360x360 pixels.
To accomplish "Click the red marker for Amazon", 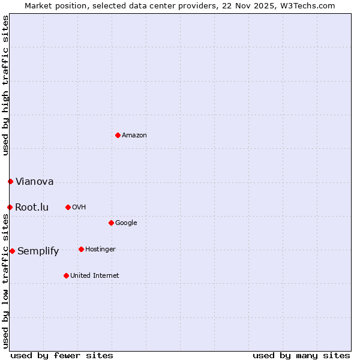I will pos(118,135).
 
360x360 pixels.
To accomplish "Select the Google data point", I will pos(111,223).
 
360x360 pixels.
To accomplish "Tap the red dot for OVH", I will pos(68,207).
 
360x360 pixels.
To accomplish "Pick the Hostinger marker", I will pos(81,249).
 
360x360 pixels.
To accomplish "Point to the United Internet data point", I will pos(66,275).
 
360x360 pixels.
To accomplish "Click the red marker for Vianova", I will pos(10,181).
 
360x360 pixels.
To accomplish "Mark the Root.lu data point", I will pos(10,207).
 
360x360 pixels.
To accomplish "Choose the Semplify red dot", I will pos(12,251).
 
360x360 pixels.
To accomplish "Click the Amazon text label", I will pos(134,136).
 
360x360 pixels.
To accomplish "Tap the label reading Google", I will pos(126,223).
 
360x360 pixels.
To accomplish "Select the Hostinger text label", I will pos(100,250).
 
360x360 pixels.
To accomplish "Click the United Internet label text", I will pos(95,276).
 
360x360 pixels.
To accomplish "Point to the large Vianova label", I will pos(35,182).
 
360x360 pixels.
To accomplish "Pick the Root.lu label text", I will pos(32,208).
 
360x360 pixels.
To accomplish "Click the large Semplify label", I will pos(38,251).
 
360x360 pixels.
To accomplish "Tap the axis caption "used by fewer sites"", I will pos(62,355).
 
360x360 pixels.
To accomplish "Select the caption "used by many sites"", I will pos(301,355).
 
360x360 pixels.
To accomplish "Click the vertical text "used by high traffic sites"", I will pos(5,85).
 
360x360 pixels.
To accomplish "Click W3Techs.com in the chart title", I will pos(306,5).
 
